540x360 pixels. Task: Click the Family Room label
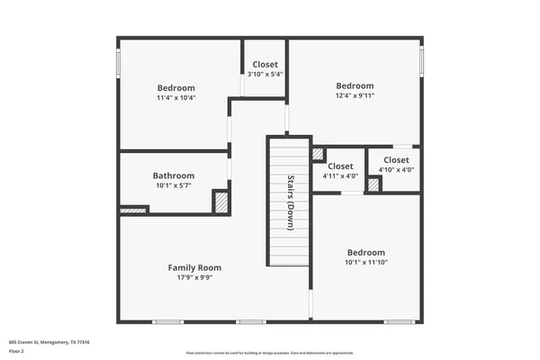coord(194,267)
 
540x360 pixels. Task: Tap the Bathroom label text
coord(174,175)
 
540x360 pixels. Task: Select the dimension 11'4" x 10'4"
coord(175,97)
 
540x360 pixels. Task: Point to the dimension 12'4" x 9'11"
coord(355,95)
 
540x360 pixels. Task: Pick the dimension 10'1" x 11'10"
coord(365,263)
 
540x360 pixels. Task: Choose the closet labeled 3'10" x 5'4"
coord(265,75)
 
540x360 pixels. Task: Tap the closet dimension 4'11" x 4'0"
coord(340,176)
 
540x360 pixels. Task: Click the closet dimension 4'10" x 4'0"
coord(395,169)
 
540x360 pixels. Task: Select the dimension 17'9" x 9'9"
coord(194,277)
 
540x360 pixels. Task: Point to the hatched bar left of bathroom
coord(133,210)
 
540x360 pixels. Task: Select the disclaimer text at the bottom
coord(270,354)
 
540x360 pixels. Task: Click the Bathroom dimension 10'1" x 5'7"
coord(174,185)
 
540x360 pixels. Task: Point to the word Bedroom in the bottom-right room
coord(365,253)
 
